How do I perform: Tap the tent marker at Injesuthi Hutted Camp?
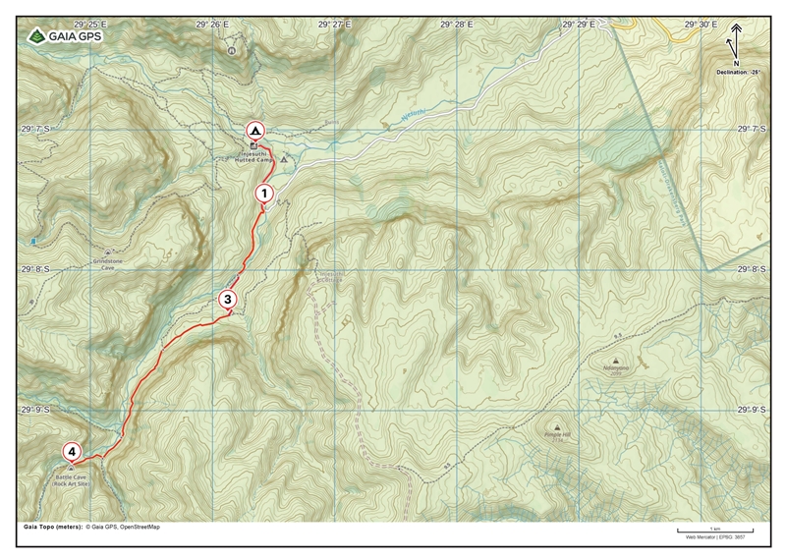(254, 130)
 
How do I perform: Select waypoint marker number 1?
(263, 194)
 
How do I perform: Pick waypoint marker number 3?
(227, 299)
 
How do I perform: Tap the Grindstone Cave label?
(107, 261)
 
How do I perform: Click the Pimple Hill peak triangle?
(557, 427)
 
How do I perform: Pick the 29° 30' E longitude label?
(702, 23)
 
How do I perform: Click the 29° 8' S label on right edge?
(753, 268)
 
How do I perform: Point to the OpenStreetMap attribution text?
(140, 527)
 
